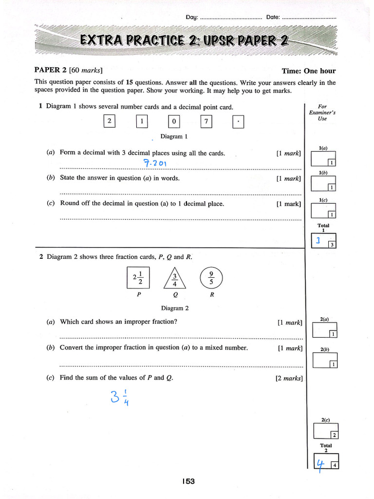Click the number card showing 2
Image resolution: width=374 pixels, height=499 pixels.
(x=110, y=121)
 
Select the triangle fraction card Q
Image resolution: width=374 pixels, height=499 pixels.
(x=174, y=279)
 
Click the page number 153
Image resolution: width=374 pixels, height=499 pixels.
(x=188, y=481)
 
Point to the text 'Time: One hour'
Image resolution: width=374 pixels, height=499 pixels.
(x=308, y=71)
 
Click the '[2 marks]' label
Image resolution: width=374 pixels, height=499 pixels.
(x=289, y=378)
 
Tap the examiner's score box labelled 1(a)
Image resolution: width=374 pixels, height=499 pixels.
(x=323, y=159)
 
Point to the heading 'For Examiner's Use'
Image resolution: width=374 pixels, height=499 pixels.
(x=322, y=113)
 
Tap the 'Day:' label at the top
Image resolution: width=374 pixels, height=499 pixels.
(x=192, y=18)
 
